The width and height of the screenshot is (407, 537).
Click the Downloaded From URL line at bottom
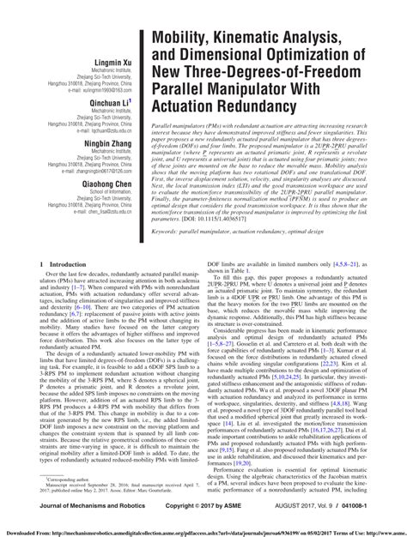(203, 532)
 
